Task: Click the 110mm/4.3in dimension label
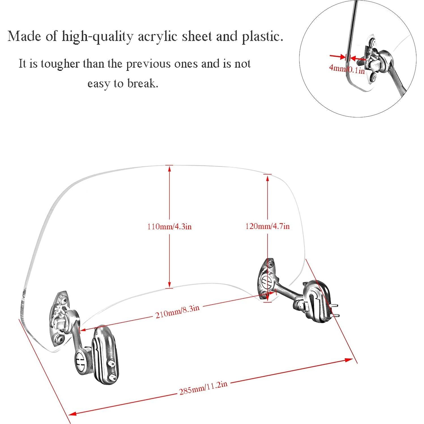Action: (169, 227)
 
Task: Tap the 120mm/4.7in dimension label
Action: (267, 226)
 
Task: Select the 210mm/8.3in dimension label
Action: (177, 311)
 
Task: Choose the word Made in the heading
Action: (24, 37)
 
